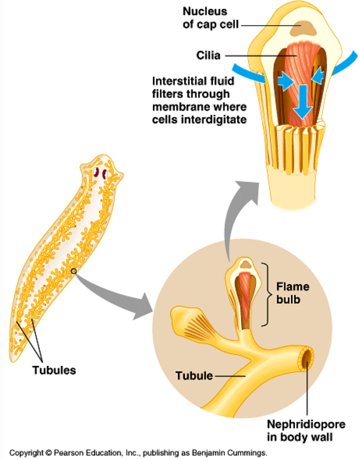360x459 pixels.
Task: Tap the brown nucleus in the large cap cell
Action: click(x=302, y=28)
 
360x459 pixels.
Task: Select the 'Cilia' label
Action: click(x=208, y=55)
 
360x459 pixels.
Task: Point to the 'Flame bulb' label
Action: click(x=292, y=293)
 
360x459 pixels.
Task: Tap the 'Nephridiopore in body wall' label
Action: click(x=306, y=431)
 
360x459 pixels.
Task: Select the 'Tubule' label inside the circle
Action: click(x=194, y=376)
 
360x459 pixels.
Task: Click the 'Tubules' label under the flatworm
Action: click(x=54, y=370)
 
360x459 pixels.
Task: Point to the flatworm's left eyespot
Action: click(x=96, y=172)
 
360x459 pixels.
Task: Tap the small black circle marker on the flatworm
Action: click(x=73, y=271)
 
